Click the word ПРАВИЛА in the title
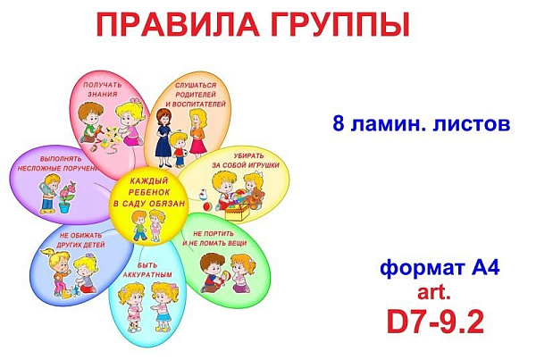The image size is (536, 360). pos(178,24)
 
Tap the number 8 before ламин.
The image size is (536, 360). pos(339,123)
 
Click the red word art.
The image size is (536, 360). pos(433,292)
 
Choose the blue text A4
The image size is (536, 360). pos(485,267)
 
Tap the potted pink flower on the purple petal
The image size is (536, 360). pos(67,197)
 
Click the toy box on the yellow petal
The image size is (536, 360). pos(238,212)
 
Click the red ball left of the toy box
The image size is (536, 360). pos(208,206)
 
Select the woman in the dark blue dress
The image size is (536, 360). pos(163,138)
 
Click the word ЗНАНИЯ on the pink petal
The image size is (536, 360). pos(103,94)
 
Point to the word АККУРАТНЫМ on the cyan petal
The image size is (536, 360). pos(147,275)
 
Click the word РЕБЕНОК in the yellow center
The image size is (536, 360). pos(149,192)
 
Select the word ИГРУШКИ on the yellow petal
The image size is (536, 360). pos(262,165)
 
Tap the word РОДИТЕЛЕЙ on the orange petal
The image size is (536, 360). pos(196,95)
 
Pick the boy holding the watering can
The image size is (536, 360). pos(49,193)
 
